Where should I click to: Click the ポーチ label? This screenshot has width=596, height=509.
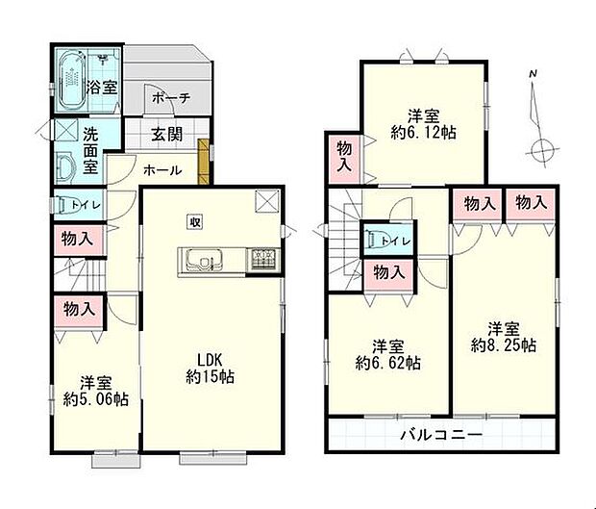[x=171, y=98]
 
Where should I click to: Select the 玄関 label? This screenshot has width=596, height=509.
[x=167, y=136]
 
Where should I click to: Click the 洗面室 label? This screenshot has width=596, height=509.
[x=90, y=151]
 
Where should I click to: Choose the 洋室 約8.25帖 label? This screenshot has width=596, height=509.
[x=504, y=336]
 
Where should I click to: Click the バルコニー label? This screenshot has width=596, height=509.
[x=441, y=436]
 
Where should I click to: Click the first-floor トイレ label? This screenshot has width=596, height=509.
[x=76, y=203]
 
